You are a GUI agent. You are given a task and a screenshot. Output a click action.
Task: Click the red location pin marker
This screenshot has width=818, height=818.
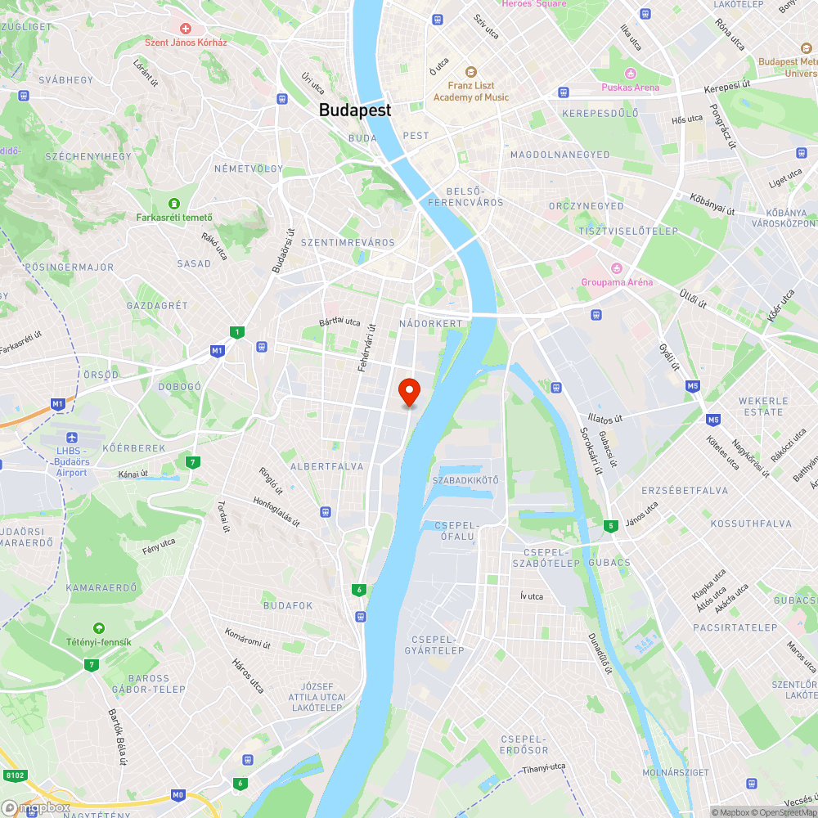(408, 391)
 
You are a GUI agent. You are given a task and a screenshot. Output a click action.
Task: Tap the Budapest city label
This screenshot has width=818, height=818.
(355, 110)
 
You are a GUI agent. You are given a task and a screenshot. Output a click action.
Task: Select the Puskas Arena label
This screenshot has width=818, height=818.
(630, 88)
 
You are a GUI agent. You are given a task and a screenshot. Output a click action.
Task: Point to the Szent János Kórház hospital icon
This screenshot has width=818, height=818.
(186, 29)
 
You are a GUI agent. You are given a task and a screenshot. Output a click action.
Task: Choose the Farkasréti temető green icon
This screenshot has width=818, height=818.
(173, 203)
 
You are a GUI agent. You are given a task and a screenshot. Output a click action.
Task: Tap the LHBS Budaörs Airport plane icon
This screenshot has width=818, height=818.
(72, 438)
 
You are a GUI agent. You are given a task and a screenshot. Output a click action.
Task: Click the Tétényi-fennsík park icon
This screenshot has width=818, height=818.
(99, 628)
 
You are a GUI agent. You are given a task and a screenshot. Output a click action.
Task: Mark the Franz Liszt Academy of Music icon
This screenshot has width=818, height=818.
(470, 72)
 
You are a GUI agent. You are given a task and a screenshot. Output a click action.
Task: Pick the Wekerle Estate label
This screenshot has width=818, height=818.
(763, 407)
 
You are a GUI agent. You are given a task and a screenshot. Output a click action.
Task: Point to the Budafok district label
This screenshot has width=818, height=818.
(288, 605)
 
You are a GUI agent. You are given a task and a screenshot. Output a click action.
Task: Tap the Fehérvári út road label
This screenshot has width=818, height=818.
(366, 347)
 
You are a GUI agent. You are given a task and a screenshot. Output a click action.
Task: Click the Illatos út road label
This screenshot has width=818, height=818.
(605, 418)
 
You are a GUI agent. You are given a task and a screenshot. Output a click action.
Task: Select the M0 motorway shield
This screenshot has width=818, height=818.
(178, 795)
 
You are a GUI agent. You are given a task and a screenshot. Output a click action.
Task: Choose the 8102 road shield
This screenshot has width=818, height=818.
(14, 775)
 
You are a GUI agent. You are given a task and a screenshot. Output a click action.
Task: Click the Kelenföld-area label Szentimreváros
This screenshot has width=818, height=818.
(348, 243)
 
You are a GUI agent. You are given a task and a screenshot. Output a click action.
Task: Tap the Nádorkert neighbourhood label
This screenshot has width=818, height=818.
(431, 324)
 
